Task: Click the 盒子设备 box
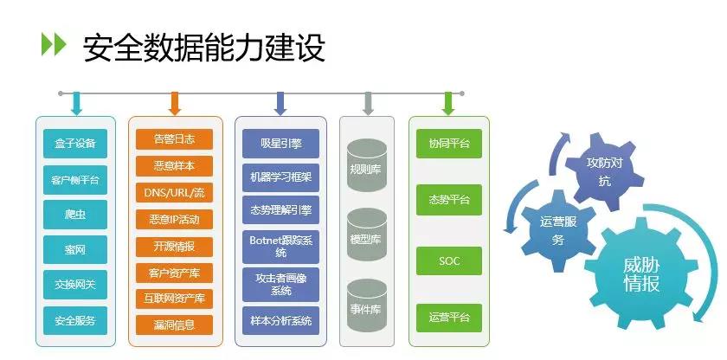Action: (x=74, y=143)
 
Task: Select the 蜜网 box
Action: (x=74, y=250)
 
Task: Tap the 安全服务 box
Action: (x=74, y=321)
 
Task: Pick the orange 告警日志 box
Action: (x=174, y=139)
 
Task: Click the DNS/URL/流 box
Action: (x=174, y=192)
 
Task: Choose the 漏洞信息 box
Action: (x=174, y=325)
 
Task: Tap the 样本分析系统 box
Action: (x=280, y=321)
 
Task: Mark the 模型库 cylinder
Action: (x=365, y=236)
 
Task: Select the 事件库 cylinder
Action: (x=365, y=307)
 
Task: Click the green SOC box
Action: (x=448, y=260)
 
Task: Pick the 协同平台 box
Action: (x=448, y=144)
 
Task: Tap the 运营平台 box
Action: (x=448, y=318)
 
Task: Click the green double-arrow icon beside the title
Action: (x=54, y=45)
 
